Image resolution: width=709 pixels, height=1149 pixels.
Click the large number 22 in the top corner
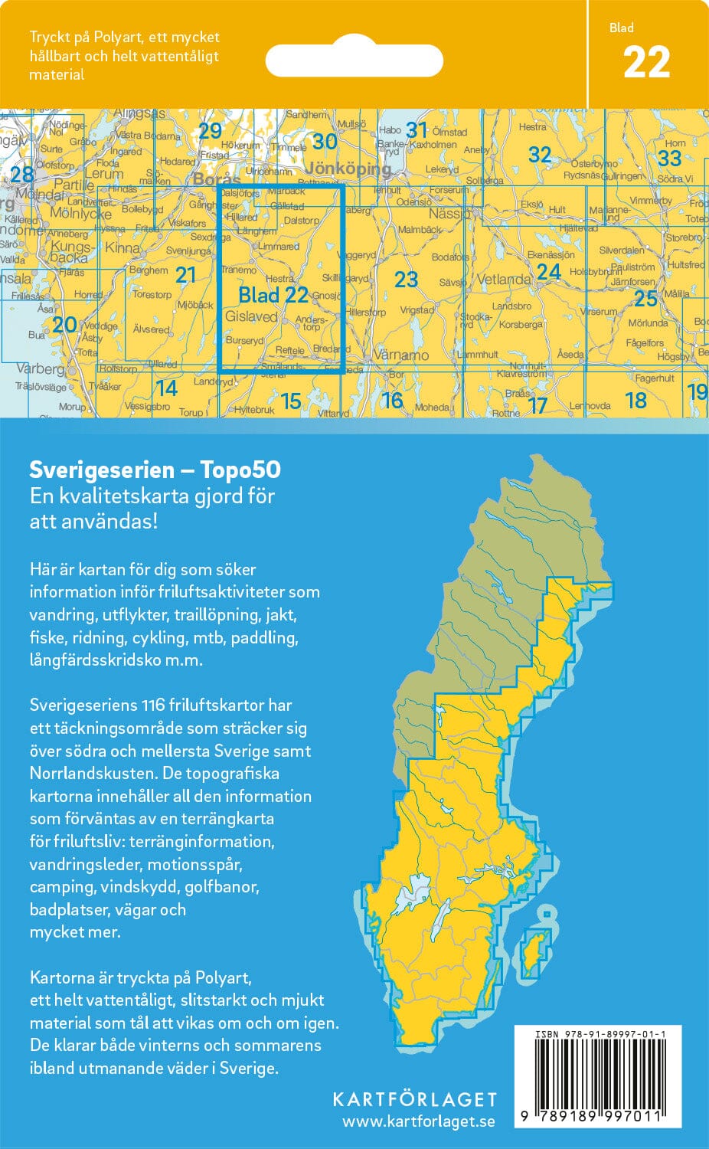tap(646, 63)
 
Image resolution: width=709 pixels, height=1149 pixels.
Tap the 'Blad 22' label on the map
tap(273, 295)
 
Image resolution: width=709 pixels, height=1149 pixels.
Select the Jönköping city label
tap(348, 169)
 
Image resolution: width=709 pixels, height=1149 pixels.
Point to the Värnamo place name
tap(400, 355)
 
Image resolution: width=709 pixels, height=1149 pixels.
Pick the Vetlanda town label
tap(503, 280)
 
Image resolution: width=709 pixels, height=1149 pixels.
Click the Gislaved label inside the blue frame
tap(251, 316)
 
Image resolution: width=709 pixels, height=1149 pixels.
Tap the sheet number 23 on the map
tap(406, 280)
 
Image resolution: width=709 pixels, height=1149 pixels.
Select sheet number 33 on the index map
tap(669, 158)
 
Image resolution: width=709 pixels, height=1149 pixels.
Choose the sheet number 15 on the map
tap(291, 400)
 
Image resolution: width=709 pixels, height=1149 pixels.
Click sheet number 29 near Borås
tap(210, 131)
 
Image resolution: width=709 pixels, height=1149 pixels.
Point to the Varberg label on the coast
tap(40, 369)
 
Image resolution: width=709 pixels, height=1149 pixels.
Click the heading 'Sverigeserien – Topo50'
tap(155, 469)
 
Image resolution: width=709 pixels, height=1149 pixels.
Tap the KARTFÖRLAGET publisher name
tap(414, 1099)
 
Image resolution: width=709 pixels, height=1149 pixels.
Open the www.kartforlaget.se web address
tap(418, 1121)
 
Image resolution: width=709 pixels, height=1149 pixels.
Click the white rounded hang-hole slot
tap(354, 61)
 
